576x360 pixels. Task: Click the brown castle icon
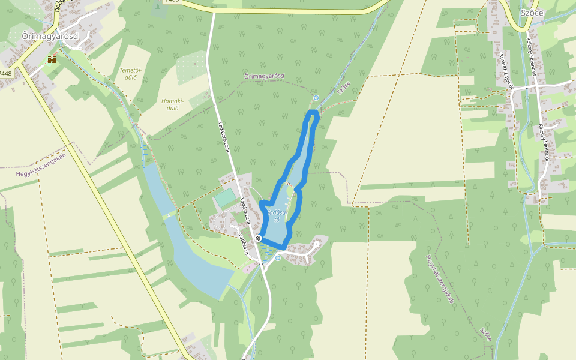click(x=52, y=59)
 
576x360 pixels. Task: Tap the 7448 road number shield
click(x=6, y=73)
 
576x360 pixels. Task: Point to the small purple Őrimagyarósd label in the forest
click(x=264, y=76)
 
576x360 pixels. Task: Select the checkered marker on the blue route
click(x=258, y=238)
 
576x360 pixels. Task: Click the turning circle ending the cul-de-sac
click(x=316, y=245)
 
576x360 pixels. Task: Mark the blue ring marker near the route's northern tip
click(x=316, y=97)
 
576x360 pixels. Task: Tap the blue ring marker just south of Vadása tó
click(x=278, y=258)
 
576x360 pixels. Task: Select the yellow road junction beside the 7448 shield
click(x=20, y=62)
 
